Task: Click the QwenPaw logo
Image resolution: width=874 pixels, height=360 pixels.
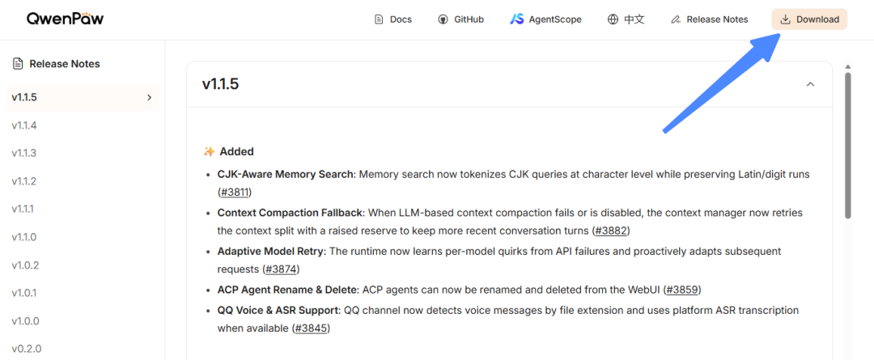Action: (x=66, y=19)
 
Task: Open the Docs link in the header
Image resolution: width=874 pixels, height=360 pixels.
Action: (x=393, y=19)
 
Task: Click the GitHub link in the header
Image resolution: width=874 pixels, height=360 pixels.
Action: (x=461, y=19)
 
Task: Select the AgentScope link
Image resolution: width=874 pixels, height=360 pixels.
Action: (x=545, y=19)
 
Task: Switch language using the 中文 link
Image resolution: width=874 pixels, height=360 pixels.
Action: (x=626, y=19)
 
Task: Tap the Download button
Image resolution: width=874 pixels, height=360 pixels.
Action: (x=809, y=19)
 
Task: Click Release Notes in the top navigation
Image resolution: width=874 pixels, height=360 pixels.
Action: (x=710, y=19)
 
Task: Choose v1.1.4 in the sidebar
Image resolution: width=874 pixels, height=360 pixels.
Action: (x=24, y=125)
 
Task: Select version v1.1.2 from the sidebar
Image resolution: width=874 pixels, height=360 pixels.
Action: (x=24, y=181)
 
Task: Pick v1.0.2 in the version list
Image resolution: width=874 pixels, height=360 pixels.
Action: (x=25, y=265)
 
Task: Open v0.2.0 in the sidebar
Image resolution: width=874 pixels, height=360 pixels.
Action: (x=26, y=349)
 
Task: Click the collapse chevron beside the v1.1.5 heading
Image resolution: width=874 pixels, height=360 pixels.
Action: (x=810, y=84)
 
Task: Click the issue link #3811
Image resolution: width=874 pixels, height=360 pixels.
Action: (x=235, y=193)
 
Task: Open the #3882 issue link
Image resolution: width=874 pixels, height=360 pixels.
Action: (x=612, y=230)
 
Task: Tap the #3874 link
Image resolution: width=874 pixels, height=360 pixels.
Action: (x=282, y=269)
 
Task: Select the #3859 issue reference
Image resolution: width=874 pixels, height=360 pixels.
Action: (x=682, y=290)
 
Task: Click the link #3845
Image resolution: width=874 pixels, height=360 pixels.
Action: (x=312, y=328)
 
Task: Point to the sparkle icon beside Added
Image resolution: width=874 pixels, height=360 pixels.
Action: (x=209, y=151)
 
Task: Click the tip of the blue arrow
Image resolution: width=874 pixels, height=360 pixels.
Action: (x=779, y=32)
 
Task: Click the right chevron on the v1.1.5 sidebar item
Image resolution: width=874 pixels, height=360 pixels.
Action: (x=149, y=98)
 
